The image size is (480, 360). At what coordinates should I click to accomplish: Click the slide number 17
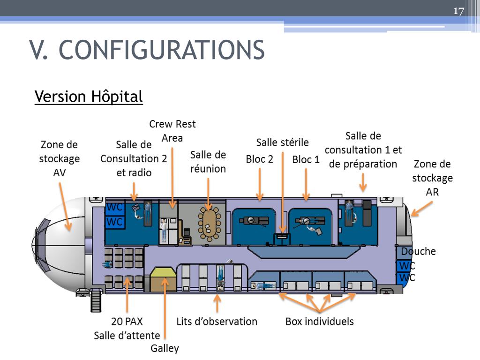[458, 11]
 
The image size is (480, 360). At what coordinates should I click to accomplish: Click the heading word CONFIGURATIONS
[162, 50]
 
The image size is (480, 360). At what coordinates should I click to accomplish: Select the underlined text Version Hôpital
[89, 97]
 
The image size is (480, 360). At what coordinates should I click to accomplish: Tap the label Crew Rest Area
[172, 131]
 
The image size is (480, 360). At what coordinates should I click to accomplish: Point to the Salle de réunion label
[208, 162]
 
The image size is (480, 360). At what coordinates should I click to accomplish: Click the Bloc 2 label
[259, 159]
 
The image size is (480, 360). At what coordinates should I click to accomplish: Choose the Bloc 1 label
[306, 159]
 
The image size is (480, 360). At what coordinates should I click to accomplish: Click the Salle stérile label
[282, 142]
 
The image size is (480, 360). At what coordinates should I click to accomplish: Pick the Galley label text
[165, 348]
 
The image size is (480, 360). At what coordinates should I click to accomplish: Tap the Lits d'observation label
[217, 322]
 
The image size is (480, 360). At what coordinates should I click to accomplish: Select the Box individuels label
[319, 322]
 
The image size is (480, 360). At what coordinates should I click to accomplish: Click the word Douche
[418, 251]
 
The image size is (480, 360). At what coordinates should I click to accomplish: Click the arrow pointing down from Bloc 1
[306, 185]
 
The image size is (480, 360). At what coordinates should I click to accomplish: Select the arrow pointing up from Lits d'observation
[217, 303]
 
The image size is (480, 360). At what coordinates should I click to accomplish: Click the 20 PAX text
[127, 322]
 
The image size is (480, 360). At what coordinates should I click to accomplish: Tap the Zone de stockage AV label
[59, 158]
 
